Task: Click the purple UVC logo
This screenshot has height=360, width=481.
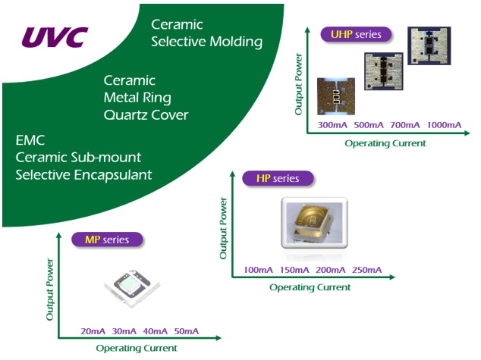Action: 55,36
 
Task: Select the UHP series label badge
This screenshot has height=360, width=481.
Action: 356,34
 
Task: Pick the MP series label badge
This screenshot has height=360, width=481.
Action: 107,239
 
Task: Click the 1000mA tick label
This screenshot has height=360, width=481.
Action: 443,124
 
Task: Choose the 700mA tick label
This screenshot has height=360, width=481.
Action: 406,124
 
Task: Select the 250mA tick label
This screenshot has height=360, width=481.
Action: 368,271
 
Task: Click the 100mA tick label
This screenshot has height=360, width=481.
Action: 259,271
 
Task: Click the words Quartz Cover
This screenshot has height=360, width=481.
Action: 146,115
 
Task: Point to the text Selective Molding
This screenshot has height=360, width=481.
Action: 206,41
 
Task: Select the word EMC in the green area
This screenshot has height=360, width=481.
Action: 30,140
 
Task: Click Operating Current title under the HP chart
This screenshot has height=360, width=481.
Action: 310,287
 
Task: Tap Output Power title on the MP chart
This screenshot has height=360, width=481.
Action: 51,291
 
